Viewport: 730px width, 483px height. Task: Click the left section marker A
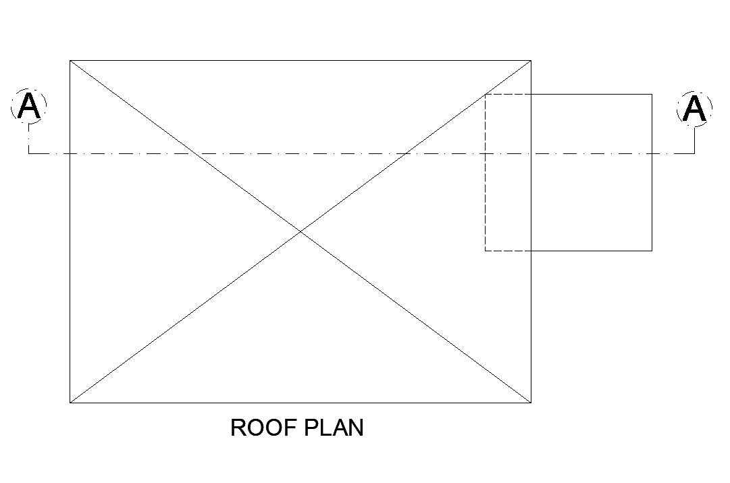click(28, 107)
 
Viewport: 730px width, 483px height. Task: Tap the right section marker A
click(694, 108)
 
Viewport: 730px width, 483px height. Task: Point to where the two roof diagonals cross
click(301, 232)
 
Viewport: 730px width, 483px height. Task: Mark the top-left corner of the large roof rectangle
click(70, 61)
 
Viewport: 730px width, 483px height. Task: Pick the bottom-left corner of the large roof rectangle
click(70, 403)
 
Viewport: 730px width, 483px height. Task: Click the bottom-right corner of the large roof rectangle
click(531, 403)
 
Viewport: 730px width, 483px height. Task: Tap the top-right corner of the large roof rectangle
click(531, 61)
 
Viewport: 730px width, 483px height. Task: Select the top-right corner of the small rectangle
click(652, 95)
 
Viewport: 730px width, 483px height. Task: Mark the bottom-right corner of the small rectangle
click(652, 251)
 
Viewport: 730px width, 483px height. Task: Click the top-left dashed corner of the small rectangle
click(486, 95)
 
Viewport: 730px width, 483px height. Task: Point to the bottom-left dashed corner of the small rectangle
click(486, 251)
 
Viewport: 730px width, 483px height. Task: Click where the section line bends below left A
click(28, 153)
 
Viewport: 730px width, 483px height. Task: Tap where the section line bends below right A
click(694, 153)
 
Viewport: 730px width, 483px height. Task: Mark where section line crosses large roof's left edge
click(70, 153)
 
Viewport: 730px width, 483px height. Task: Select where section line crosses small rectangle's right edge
click(652, 153)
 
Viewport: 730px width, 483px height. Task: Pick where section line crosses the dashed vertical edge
click(486, 153)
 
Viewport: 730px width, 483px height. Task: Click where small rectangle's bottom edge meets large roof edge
click(531, 251)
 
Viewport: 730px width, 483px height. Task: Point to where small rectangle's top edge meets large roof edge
click(531, 95)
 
